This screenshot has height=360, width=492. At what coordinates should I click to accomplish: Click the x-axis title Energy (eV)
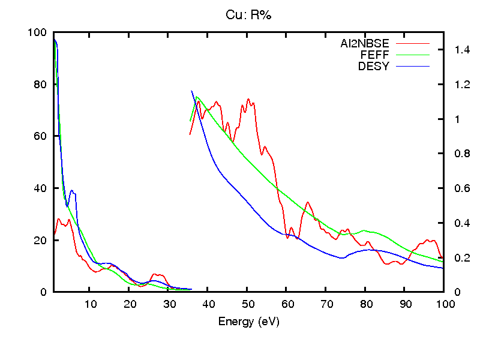pyautogui.click(x=248, y=322)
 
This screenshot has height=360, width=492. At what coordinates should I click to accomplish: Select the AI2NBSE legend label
pyautogui.click(x=365, y=44)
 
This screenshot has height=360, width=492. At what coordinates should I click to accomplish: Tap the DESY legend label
pyautogui.click(x=374, y=67)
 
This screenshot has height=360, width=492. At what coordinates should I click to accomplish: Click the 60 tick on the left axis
pyautogui.click(x=41, y=136)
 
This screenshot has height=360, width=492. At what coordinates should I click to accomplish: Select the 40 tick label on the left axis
pyautogui.click(x=41, y=188)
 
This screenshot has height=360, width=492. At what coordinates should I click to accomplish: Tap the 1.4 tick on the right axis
pyautogui.click(x=455, y=50)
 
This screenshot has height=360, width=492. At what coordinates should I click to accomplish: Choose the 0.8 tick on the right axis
pyautogui.click(x=455, y=154)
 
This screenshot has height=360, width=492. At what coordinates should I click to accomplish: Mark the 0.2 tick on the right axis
pyautogui.click(x=455, y=258)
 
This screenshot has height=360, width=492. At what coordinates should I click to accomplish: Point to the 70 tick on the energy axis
pyautogui.click(x=326, y=304)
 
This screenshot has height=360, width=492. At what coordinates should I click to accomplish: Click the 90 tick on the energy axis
pyautogui.click(x=405, y=304)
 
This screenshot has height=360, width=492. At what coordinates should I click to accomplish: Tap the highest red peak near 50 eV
pyautogui.click(x=248, y=100)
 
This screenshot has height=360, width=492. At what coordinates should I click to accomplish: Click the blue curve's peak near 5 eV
pyautogui.click(x=72, y=191)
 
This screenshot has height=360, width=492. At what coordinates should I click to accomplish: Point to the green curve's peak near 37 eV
pyautogui.click(x=197, y=97)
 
